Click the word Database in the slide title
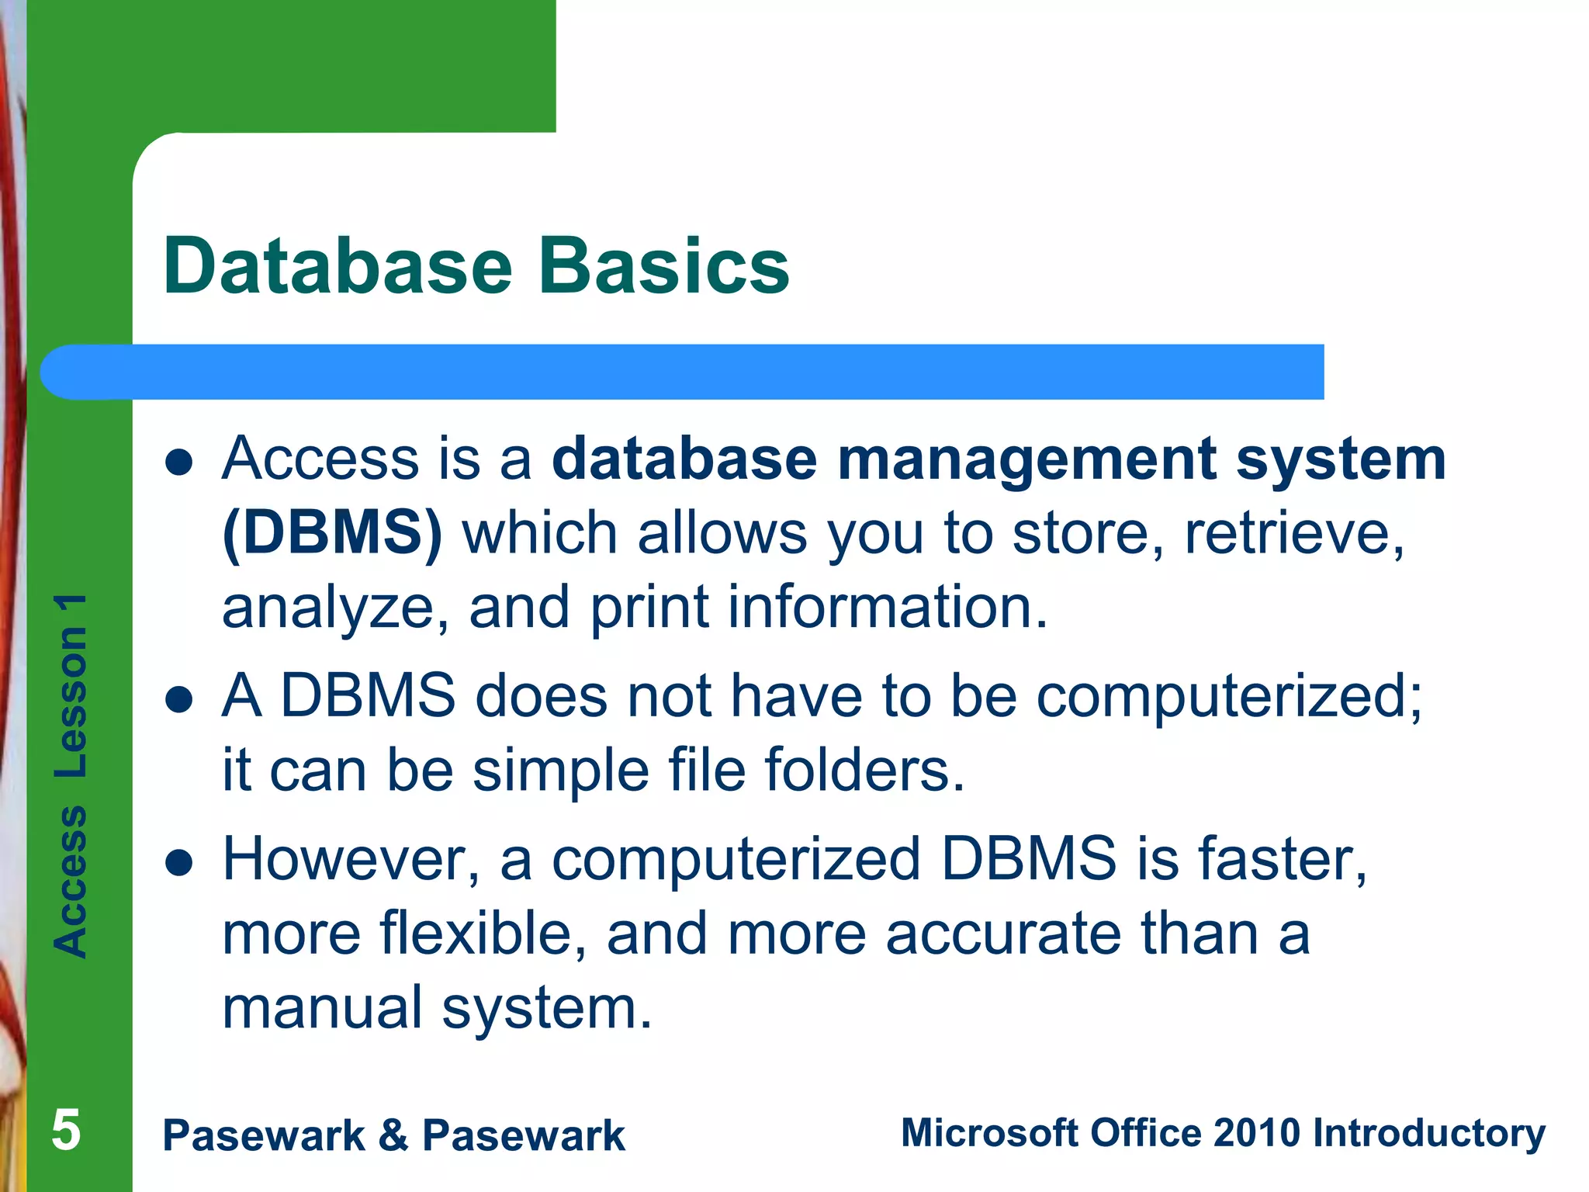coord(338,266)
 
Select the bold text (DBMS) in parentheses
coord(332,533)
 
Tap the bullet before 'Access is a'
coord(178,463)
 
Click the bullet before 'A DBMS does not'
coord(178,699)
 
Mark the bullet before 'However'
coord(178,864)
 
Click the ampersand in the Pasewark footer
coord(393,1135)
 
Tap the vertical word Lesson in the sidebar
coord(71,702)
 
